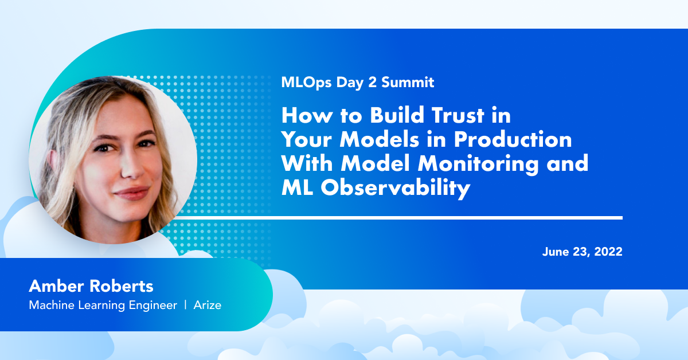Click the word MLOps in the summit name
click(306, 83)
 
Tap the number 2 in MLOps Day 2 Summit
click(372, 82)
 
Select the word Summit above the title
click(408, 82)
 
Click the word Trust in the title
click(458, 115)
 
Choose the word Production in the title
click(513, 139)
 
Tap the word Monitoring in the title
click(478, 165)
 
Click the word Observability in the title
click(396, 188)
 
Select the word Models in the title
click(380, 139)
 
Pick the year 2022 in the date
click(608, 252)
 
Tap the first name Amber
click(56, 286)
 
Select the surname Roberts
click(122, 286)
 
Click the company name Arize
click(208, 305)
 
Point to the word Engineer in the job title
click(153, 306)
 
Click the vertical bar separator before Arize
click(185, 305)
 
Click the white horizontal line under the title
click(396, 218)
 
